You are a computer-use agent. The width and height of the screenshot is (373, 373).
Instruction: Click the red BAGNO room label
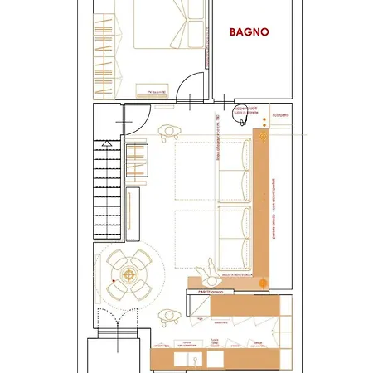[249, 32]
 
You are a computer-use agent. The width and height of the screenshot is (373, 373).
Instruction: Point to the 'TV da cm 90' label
[157, 90]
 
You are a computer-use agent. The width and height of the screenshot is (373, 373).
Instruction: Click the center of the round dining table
[128, 272]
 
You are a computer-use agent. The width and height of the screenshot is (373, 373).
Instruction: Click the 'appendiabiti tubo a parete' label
[247, 109]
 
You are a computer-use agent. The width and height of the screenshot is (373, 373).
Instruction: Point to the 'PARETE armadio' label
[212, 292]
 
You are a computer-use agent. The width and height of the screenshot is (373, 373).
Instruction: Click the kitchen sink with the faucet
[194, 358]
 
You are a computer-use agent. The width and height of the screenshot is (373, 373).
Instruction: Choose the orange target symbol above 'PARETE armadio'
[264, 281]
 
